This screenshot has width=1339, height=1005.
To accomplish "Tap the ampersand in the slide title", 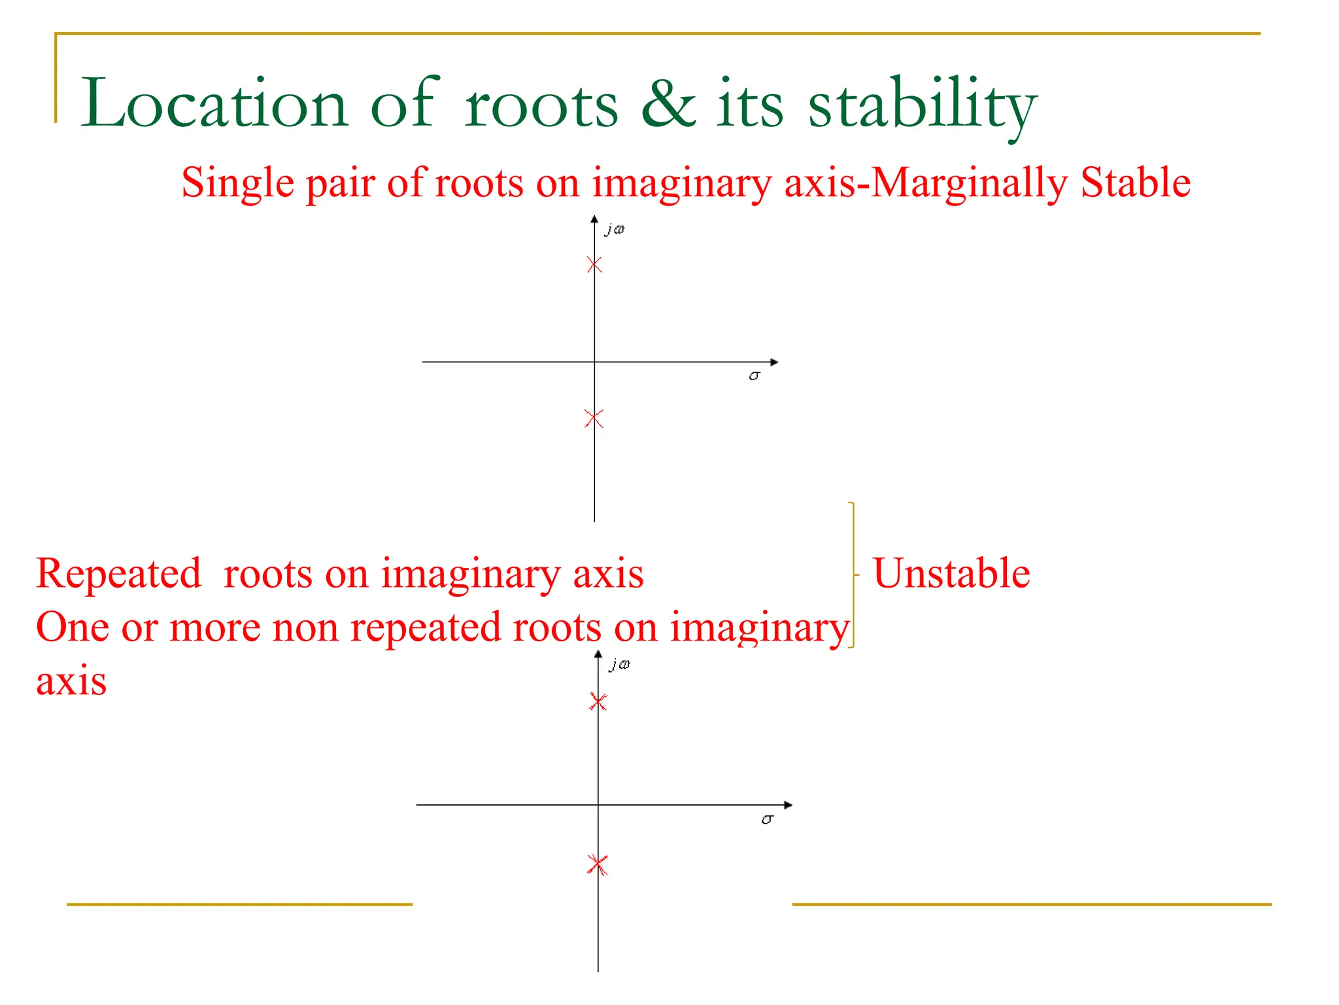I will coord(668,104).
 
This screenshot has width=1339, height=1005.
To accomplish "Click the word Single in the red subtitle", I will coord(238,184).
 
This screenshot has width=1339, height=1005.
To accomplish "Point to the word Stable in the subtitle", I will coord(1135,183).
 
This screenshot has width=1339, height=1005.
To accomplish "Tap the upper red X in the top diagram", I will coord(594,265).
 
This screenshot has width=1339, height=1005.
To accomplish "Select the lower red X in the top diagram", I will coord(594,419).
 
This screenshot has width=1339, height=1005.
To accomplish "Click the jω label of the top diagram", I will coord(615,229).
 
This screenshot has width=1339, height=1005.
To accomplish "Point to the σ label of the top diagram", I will coord(754,376).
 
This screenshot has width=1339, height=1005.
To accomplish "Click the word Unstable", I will coord(951,574).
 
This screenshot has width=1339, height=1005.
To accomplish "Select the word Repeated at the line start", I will coord(118,574).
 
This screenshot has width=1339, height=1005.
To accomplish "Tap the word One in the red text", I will coord(72,627).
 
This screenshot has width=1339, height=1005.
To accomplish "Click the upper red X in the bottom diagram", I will coord(598,702).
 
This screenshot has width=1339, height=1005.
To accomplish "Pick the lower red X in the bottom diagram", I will coord(598,865).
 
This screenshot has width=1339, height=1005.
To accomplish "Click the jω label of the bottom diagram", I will coord(619,665).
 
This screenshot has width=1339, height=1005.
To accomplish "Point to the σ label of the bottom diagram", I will coord(768,819).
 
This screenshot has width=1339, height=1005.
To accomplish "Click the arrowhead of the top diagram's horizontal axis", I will coord(775,362).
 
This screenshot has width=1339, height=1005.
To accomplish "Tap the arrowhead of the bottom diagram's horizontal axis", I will coord(788,805).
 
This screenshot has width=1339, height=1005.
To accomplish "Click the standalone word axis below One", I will coord(71,682).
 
